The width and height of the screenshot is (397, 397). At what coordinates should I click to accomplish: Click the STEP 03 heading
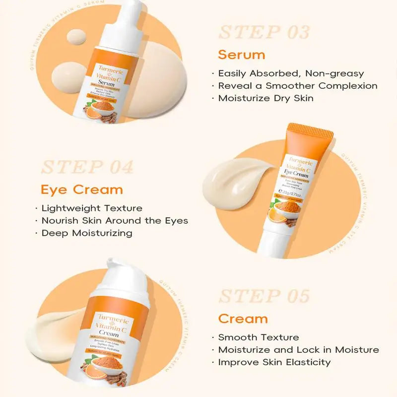[264, 32]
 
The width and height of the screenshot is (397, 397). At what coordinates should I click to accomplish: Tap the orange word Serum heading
[242, 54]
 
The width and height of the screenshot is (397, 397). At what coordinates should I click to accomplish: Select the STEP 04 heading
[87, 167]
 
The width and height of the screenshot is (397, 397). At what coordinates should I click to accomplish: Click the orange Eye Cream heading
[81, 189]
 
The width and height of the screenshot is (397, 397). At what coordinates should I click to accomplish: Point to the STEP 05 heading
[264, 296]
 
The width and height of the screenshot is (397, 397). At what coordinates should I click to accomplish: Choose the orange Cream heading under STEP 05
[243, 318]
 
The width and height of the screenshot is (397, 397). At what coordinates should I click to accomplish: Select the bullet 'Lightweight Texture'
[92, 208]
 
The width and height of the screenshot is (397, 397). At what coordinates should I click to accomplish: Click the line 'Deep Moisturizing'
[87, 233]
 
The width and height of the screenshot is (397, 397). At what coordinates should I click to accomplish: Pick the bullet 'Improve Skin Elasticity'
[274, 362]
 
